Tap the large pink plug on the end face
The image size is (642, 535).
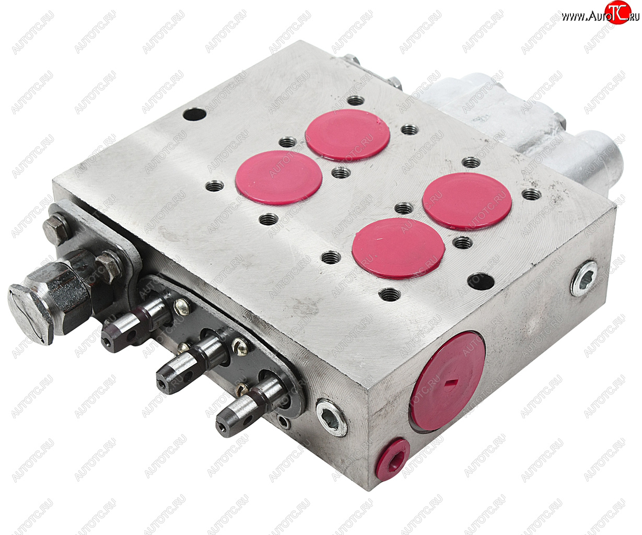pyautogui.click(x=447, y=381)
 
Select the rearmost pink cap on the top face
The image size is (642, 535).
pyautogui.click(x=347, y=135)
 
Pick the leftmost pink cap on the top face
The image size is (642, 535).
pyautogui.click(x=278, y=178)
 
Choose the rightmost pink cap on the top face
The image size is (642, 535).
pyautogui.click(x=467, y=201)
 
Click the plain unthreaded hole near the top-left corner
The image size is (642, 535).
pyautogui.click(x=194, y=114)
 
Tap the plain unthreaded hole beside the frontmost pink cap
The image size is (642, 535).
pyautogui.click(x=481, y=281)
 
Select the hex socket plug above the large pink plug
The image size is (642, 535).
pyautogui.click(x=584, y=278)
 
